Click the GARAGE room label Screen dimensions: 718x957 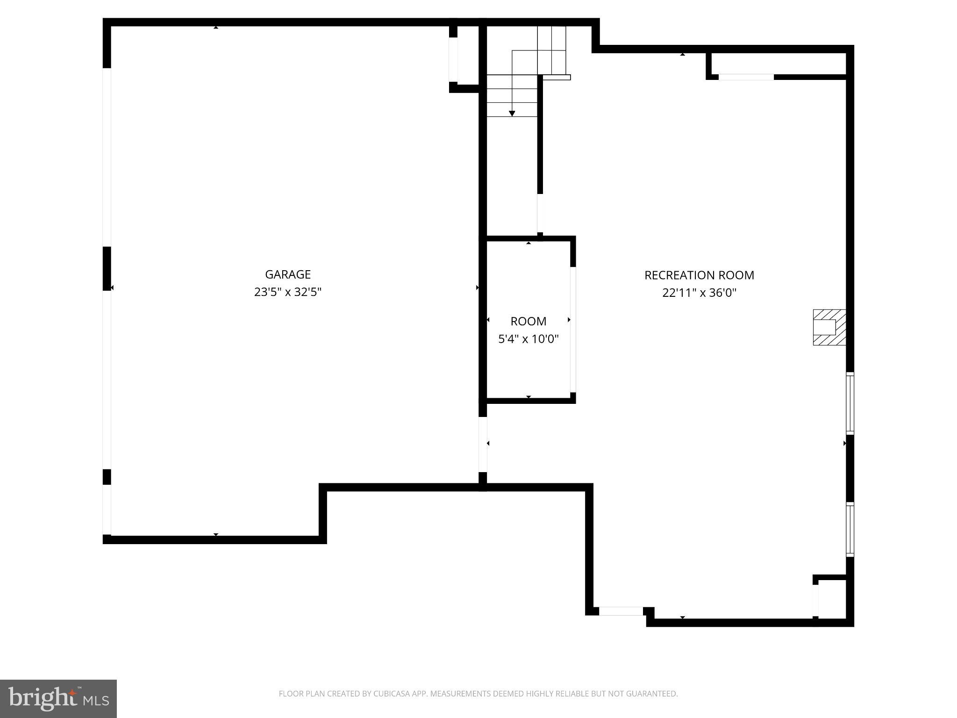(x=287, y=274)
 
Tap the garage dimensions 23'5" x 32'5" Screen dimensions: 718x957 (x=287, y=292)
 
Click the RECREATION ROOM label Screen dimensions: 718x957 (x=699, y=275)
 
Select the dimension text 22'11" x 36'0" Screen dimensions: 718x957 (x=699, y=293)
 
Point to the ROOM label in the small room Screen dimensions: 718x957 (x=528, y=321)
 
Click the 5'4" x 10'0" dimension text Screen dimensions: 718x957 (x=528, y=339)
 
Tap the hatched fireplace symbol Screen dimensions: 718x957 (x=829, y=327)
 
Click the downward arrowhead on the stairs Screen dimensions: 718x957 (x=512, y=114)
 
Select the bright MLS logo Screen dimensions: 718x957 (x=58, y=698)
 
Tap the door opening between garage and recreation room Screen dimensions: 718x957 (x=483, y=444)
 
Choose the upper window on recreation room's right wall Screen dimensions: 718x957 (x=850, y=403)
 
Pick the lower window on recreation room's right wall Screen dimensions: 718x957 (x=850, y=529)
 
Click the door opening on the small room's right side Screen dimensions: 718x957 (x=572, y=330)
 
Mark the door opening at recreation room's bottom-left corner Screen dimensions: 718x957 (x=621, y=611)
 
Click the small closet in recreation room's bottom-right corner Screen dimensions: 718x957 (x=832, y=599)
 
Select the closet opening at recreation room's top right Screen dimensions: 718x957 (x=746, y=77)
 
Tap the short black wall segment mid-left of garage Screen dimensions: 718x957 (x=107, y=269)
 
